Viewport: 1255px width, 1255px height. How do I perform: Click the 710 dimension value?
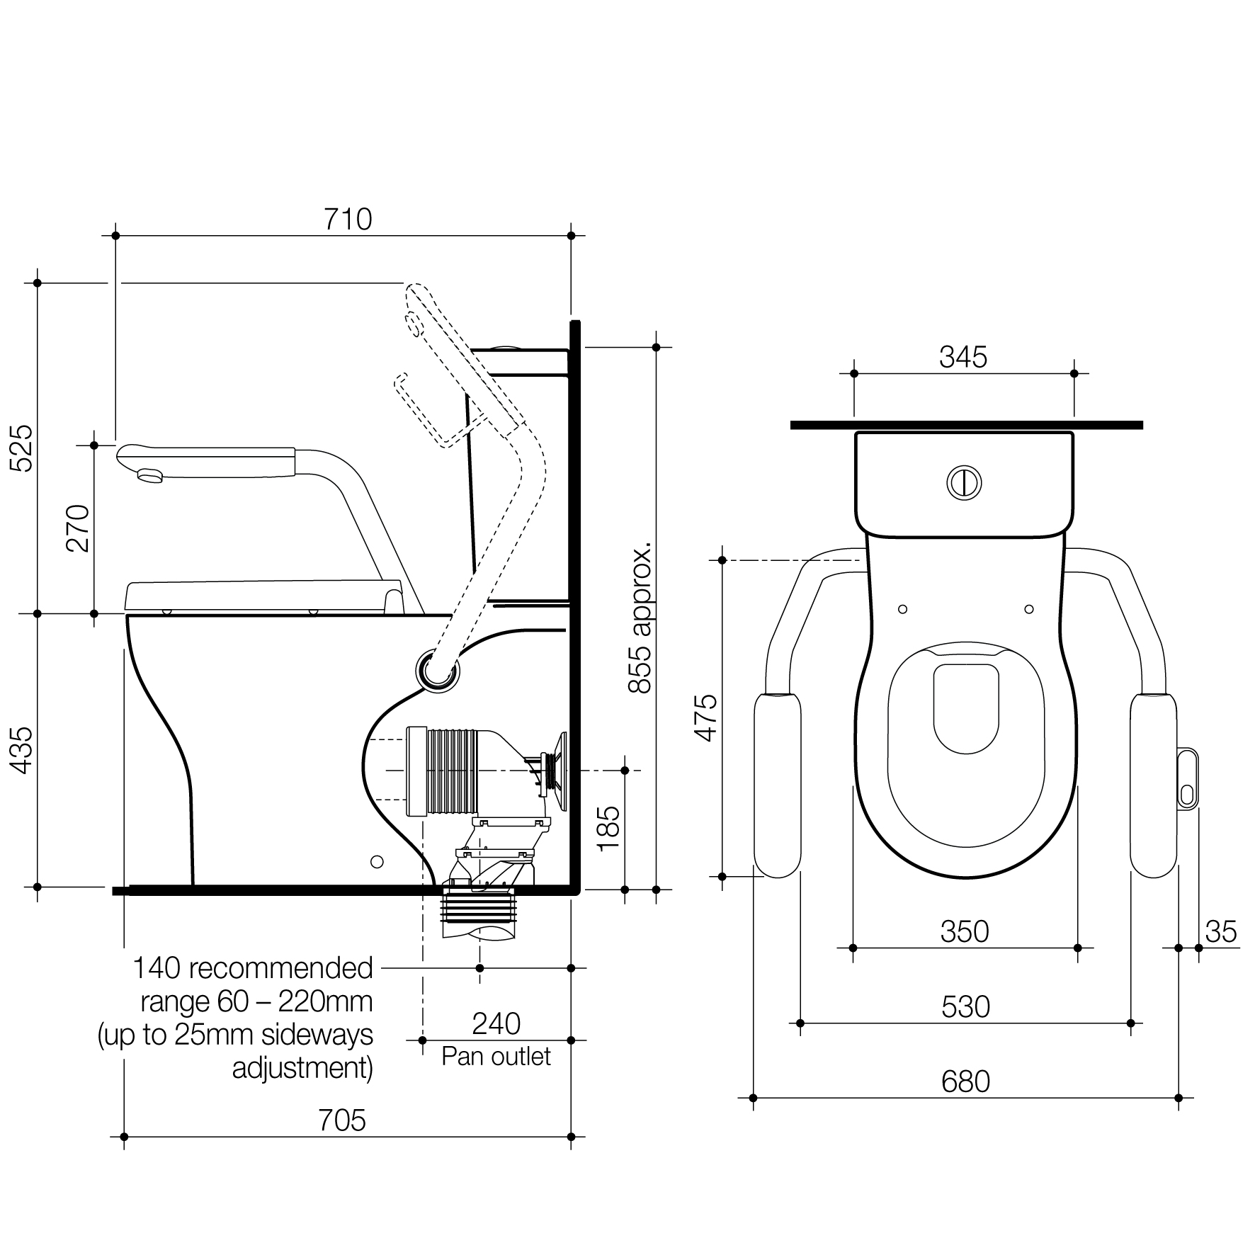[348, 220]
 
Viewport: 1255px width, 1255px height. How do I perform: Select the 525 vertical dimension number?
[21, 448]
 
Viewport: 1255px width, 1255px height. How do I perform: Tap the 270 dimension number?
[78, 528]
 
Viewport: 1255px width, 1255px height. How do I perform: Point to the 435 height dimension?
[21, 750]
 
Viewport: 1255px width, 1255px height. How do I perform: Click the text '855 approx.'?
[640, 618]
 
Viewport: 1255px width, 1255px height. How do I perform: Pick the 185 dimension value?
[608, 829]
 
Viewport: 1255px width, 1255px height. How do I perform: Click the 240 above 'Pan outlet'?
[496, 1023]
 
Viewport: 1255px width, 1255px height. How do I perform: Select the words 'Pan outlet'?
[496, 1056]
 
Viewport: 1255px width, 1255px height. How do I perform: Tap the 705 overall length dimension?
[342, 1120]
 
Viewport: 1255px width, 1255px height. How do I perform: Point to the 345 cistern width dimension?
[963, 358]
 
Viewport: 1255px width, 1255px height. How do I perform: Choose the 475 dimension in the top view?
[706, 717]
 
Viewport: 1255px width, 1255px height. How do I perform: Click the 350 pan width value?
[965, 932]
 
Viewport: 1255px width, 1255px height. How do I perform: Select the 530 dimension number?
[966, 1007]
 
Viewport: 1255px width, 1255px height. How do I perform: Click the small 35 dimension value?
[1221, 932]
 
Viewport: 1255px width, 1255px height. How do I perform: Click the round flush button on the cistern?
[964, 482]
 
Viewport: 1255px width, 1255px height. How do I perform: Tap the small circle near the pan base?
[377, 862]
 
